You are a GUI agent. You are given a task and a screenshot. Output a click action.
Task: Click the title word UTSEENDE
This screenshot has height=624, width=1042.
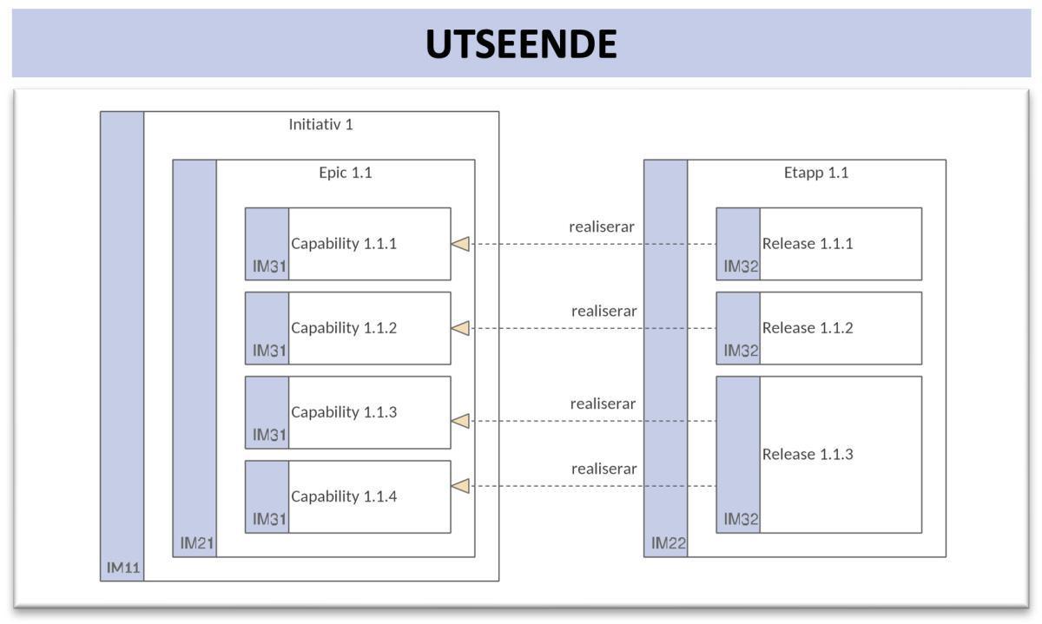(x=521, y=44)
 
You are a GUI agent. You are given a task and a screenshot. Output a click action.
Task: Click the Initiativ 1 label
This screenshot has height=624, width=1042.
(x=320, y=124)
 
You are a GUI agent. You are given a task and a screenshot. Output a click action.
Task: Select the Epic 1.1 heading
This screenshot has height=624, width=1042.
(x=345, y=173)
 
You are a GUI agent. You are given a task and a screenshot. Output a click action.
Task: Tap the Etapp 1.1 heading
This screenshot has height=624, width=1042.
(x=815, y=173)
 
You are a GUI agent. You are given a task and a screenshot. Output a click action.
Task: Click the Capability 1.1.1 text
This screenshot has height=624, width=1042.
(x=344, y=244)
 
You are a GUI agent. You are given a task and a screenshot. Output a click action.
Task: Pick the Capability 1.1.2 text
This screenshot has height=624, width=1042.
(x=344, y=328)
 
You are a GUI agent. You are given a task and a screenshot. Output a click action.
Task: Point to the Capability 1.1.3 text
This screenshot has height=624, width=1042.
(x=344, y=412)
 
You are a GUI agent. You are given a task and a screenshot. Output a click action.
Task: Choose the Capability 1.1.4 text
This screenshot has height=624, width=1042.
(x=344, y=496)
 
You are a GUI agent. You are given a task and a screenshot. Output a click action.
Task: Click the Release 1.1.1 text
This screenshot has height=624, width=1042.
(x=808, y=244)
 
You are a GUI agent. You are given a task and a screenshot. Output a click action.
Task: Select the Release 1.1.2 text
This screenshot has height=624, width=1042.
(x=808, y=328)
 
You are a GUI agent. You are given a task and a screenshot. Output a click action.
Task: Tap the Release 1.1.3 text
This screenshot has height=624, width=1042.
(x=808, y=455)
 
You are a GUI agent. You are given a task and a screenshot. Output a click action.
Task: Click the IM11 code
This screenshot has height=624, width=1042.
(x=124, y=568)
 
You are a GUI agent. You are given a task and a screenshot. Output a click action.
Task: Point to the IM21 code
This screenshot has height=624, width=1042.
(x=197, y=544)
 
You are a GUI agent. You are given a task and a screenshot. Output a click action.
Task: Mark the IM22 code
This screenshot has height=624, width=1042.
(x=669, y=544)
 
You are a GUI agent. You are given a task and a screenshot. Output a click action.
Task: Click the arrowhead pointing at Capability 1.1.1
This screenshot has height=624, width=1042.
(x=460, y=244)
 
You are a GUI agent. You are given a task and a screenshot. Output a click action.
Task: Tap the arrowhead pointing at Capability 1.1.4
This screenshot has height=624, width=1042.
(x=460, y=486)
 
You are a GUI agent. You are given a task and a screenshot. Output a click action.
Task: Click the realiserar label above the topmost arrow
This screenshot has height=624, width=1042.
(x=602, y=227)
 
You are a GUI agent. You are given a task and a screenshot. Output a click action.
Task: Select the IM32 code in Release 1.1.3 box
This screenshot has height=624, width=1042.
(x=741, y=520)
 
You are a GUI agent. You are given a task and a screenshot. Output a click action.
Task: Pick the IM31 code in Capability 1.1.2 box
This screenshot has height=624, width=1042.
(x=269, y=351)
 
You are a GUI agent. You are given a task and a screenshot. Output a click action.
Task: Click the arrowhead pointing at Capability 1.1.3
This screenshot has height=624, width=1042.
(x=460, y=421)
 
